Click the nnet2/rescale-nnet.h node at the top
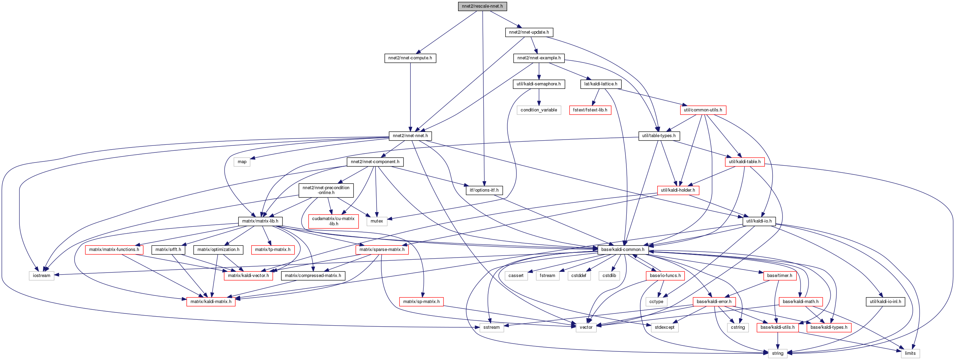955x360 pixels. point(482,6)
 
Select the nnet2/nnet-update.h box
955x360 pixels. point(529,32)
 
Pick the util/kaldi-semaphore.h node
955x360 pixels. point(538,84)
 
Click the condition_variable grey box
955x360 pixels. point(538,110)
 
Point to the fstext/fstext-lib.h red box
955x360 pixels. point(590,110)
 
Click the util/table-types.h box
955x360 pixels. point(658,136)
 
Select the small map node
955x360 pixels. point(242,162)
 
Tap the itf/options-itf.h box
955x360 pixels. point(484,190)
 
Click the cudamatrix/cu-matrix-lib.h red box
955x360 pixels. point(333,221)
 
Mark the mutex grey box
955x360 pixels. point(376,221)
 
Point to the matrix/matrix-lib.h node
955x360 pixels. point(260,221)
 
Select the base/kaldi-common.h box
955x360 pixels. point(623,250)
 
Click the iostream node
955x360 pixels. point(41,276)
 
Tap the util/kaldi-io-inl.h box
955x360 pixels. point(885,301)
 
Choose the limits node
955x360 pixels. point(910,353)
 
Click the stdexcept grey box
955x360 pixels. point(664,327)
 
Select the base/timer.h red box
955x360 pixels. point(779,276)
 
